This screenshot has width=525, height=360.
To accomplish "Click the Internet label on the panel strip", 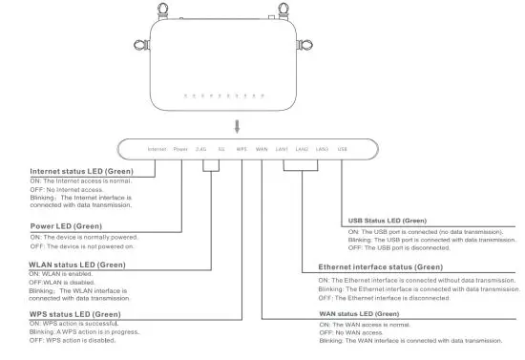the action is point(157,150).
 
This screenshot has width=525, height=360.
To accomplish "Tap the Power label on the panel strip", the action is point(180,150).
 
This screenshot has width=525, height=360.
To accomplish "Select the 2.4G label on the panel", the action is point(200,150).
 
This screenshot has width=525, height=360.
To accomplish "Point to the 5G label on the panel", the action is point(221,150).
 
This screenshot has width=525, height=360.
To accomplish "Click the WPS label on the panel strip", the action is point(241,150).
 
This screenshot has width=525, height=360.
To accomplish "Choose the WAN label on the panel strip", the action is point(262,150).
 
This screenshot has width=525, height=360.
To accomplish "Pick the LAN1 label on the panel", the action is point(282,150).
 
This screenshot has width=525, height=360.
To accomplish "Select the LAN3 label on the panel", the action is point(323,150).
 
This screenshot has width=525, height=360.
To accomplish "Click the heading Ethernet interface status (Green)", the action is point(381,267).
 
